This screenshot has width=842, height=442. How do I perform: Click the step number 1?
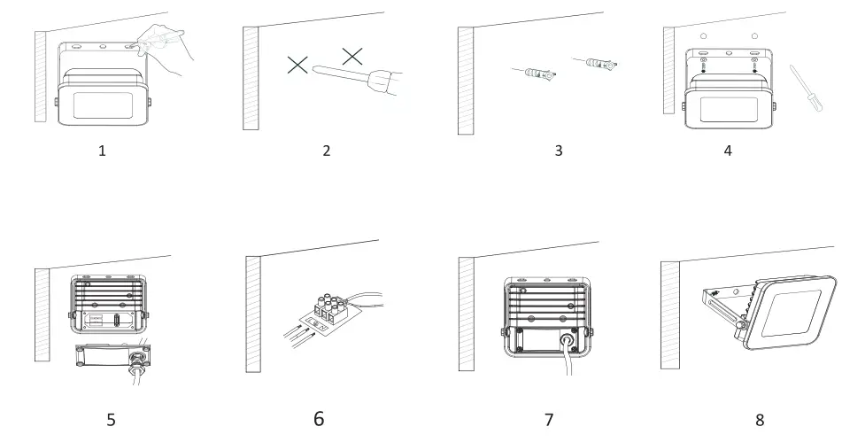[x=102, y=151]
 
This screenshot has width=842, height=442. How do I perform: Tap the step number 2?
[x=326, y=151]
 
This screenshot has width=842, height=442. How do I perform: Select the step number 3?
[x=558, y=151]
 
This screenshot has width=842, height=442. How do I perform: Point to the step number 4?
[x=728, y=151]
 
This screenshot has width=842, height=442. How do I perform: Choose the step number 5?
[x=111, y=419]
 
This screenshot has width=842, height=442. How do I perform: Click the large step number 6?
[x=319, y=418]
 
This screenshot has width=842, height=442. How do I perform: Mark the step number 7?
[x=548, y=419]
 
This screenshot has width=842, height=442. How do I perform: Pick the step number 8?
[x=760, y=419]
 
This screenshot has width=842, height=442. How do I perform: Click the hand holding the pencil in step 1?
[x=168, y=44]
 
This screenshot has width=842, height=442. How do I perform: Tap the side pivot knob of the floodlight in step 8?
[x=737, y=332]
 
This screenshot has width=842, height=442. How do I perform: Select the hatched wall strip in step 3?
[x=465, y=80]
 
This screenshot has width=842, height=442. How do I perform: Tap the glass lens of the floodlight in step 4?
[x=730, y=110]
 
